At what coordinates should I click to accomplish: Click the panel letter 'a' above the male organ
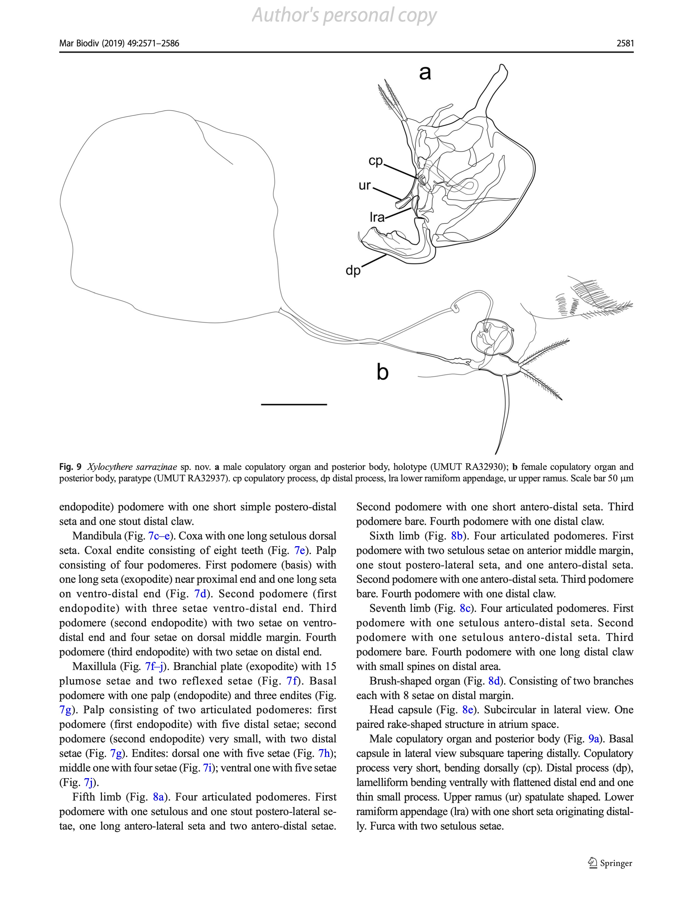[424, 73]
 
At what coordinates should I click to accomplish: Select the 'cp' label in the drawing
[376, 161]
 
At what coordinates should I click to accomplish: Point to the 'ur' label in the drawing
[365, 185]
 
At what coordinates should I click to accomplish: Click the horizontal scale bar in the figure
[294, 404]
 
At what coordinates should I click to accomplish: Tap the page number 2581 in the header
[625, 43]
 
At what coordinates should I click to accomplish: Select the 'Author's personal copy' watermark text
[344, 16]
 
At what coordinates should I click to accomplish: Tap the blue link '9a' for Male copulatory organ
[594, 739]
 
